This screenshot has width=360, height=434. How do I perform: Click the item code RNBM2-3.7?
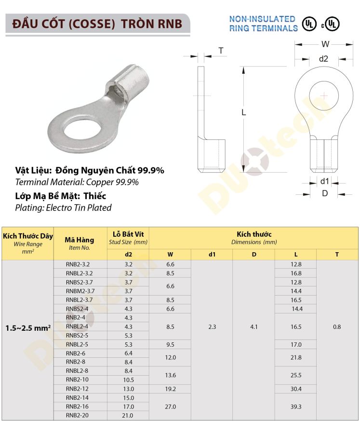(x=80, y=291)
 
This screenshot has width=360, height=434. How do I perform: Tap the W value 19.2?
(x=170, y=389)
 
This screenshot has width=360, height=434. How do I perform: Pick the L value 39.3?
(x=296, y=407)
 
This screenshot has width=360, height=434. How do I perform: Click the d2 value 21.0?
(x=128, y=415)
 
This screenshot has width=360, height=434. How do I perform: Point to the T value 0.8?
(x=337, y=326)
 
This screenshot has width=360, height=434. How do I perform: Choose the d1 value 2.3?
(x=212, y=326)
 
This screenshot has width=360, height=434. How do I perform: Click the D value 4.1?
(x=254, y=326)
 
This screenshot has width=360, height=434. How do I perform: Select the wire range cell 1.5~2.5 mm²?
(x=28, y=327)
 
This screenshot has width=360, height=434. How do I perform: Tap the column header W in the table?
(x=170, y=254)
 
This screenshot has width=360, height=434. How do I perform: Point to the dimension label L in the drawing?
(x=244, y=112)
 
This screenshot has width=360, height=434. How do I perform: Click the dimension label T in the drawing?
(x=221, y=51)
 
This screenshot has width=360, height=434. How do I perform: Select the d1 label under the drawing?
(x=324, y=181)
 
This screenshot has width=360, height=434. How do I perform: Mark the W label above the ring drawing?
(x=325, y=44)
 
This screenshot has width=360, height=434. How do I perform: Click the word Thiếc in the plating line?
(x=94, y=196)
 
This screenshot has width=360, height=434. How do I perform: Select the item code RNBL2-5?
(x=78, y=344)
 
